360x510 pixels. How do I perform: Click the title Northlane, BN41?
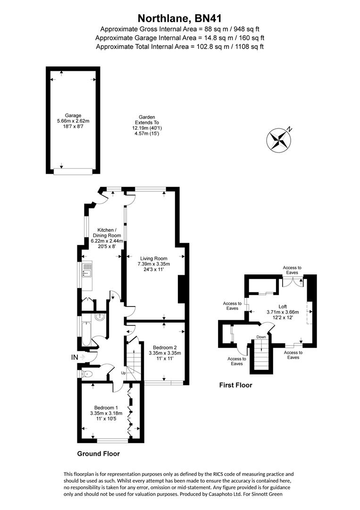179,18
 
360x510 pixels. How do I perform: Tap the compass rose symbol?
280,140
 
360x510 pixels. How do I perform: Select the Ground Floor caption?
98,454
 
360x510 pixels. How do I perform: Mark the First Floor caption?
235,385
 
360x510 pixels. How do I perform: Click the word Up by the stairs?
123,373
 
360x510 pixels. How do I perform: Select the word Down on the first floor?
261,337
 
